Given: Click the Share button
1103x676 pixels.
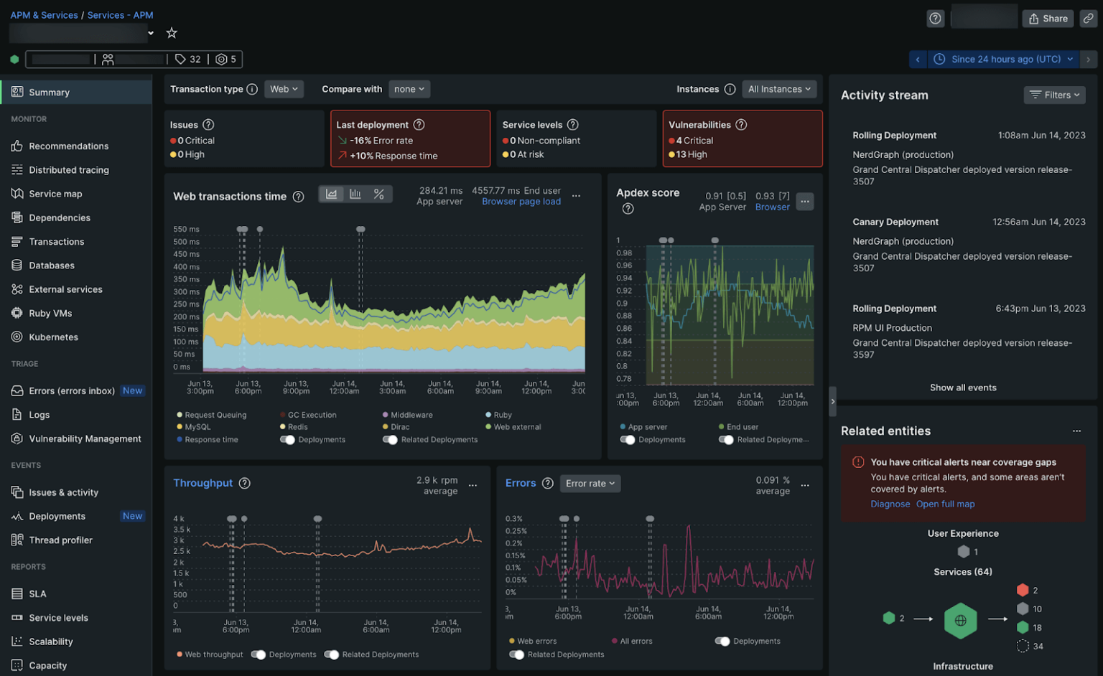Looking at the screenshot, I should (x=1048, y=19).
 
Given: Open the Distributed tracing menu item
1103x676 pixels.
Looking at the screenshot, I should (x=68, y=170).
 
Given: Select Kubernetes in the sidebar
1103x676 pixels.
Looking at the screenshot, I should (x=53, y=337).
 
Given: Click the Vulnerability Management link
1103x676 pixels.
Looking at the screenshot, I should (x=85, y=439).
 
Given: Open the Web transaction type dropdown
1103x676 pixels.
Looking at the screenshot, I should (x=284, y=89).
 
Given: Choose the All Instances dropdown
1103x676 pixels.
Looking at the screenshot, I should (x=779, y=89).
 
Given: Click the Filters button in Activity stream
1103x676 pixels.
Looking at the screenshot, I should (x=1054, y=95).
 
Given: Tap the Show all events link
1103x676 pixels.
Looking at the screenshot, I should (x=963, y=388).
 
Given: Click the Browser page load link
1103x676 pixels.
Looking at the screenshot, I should (x=521, y=202).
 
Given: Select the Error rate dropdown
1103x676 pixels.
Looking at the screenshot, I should (x=590, y=484).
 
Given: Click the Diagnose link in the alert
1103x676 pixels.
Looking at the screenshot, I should (x=890, y=504).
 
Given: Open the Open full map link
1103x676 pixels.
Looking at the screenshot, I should (x=945, y=504).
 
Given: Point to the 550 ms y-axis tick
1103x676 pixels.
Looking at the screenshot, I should (x=186, y=230).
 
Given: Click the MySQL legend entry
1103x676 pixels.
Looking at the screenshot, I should (x=197, y=427).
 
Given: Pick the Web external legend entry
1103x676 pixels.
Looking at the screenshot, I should (x=517, y=427).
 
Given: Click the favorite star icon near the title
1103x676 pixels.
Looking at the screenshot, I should (x=172, y=33).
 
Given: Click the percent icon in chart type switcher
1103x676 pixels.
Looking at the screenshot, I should (x=379, y=194).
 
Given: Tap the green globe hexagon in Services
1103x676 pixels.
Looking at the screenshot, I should (x=960, y=620).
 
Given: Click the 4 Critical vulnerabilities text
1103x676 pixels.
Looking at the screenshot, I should (x=694, y=141).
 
